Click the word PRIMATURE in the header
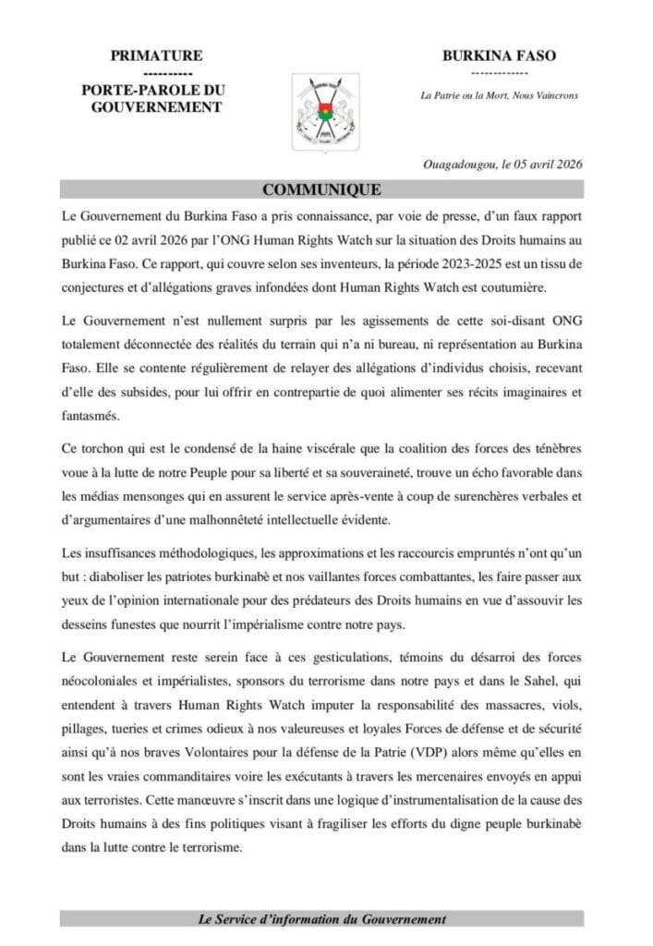(x=156, y=56)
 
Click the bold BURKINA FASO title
(x=500, y=56)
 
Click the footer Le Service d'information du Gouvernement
(x=322, y=918)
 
